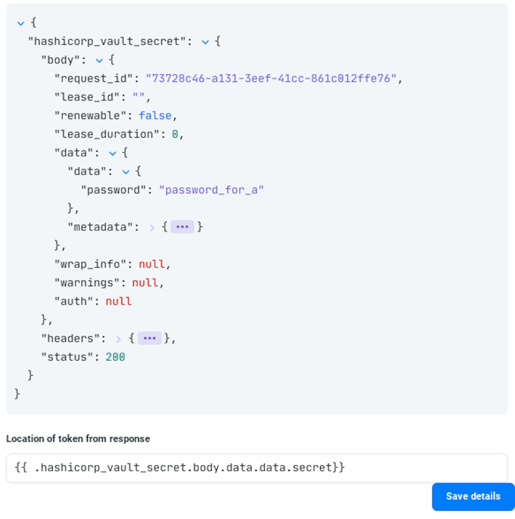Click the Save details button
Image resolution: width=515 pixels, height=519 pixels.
(473, 496)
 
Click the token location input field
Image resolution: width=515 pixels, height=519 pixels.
(257, 468)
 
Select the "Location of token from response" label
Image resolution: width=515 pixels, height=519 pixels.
(78, 439)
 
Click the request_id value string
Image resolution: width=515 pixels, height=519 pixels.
(271, 78)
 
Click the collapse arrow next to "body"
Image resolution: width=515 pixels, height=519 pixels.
(99, 61)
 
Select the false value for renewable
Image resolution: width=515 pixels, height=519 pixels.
(155, 116)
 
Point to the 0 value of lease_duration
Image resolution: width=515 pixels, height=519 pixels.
(175, 134)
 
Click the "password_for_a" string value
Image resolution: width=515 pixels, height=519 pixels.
(212, 190)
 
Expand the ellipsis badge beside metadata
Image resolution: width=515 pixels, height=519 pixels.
(182, 227)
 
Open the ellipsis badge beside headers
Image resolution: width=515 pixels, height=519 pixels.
(150, 338)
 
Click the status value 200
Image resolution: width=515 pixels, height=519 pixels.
(115, 357)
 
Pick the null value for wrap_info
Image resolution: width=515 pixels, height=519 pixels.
(152, 264)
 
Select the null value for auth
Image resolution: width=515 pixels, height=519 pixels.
(118, 301)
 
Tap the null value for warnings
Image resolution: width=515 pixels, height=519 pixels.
(145, 283)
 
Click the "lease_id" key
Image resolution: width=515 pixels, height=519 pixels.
(87, 97)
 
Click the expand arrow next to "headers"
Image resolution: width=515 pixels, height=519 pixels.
(118, 339)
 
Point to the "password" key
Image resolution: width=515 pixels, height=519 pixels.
(114, 190)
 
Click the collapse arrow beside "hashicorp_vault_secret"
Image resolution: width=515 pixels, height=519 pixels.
(205, 42)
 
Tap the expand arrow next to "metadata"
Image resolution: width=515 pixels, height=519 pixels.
(152, 228)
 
